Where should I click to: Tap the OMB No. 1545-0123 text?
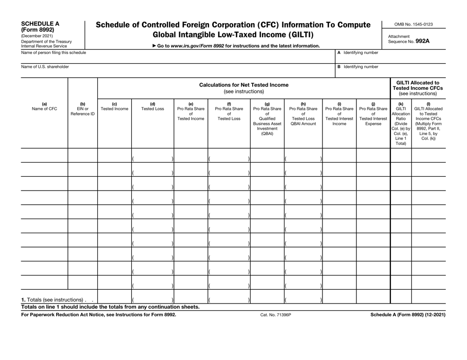pos(416,24)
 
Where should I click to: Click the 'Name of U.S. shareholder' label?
pos(45,66)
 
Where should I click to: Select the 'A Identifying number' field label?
pos(357,53)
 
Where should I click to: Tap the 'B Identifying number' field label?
pos(357,66)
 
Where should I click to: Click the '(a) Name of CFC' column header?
pos(44,107)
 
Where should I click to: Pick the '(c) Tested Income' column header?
pos(115,107)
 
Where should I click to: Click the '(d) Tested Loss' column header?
pos(152,107)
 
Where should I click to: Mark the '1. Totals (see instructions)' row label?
pos(53,300)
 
